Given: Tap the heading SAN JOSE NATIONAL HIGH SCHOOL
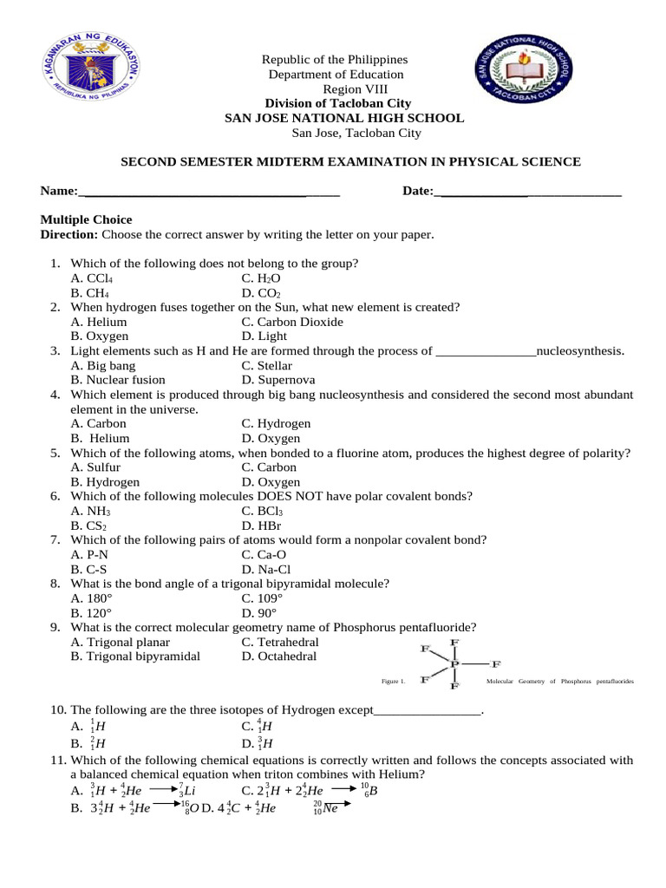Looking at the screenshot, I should [x=344, y=118].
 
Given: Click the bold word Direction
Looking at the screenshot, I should [x=69, y=235].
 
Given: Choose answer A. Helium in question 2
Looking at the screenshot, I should [x=99, y=322].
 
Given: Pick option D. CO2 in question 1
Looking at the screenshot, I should [x=262, y=293].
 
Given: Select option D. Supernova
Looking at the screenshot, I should [x=278, y=380].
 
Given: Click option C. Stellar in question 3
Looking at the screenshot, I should [x=267, y=366].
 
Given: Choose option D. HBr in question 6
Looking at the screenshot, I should [x=263, y=526].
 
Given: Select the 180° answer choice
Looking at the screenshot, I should [x=93, y=598].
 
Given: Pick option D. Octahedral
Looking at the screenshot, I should [x=280, y=656].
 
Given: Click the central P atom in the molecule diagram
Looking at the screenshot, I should [x=454, y=664].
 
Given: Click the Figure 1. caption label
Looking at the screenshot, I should [x=393, y=682].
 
